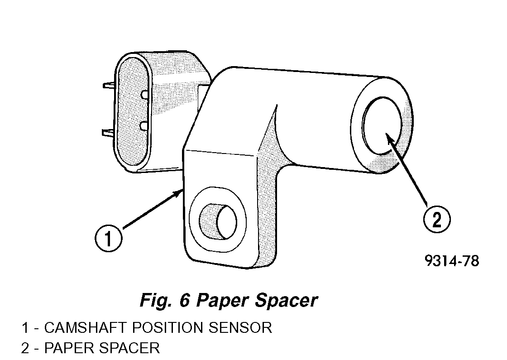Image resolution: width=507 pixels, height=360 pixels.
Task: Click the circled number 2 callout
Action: point(436,220)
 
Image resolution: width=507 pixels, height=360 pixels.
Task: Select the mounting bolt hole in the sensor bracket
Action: point(219,221)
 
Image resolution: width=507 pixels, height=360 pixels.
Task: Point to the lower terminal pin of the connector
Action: point(109,132)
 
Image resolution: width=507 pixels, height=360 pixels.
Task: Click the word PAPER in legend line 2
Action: point(67,348)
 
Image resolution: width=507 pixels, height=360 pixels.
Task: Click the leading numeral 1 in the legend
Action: point(25,327)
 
